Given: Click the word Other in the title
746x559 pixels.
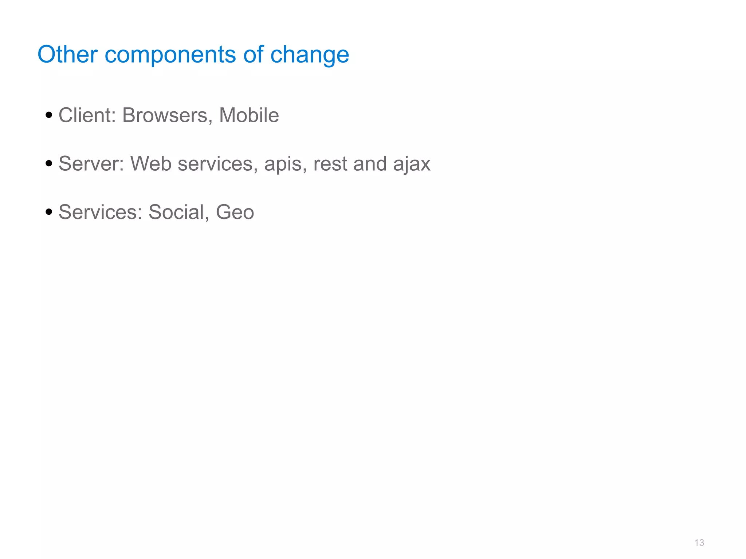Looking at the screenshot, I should [67, 55].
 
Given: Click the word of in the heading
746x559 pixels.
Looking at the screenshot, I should [253, 55].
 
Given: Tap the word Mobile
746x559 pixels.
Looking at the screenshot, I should [249, 115].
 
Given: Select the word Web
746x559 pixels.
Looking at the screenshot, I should [151, 164].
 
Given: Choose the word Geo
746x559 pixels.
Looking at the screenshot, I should [235, 212].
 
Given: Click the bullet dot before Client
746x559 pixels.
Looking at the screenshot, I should [49, 116].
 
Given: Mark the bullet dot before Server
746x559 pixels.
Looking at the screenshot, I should [49, 164].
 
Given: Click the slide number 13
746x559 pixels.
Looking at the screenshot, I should [699, 543].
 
